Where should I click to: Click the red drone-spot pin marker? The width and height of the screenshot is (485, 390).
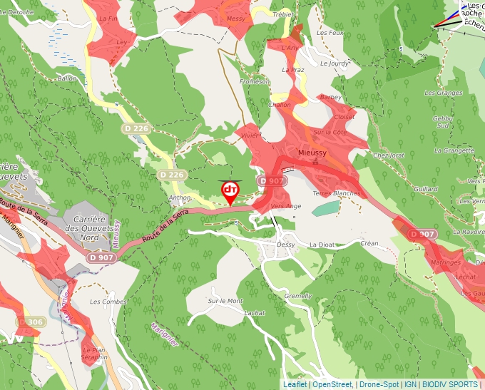(230, 191)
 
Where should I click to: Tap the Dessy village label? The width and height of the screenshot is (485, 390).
(285, 244)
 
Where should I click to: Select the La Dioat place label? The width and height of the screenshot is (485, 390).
(321, 244)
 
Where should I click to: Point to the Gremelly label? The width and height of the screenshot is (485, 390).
(298, 296)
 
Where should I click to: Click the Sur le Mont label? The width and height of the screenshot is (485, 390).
(225, 301)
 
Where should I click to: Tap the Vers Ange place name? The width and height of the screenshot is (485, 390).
(287, 206)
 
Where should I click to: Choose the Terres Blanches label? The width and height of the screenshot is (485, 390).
(337, 193)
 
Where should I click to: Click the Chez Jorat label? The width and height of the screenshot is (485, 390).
(389, 155)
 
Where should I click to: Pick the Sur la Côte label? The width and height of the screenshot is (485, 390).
(330, 132)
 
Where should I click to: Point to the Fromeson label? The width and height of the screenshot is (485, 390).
(255, 82)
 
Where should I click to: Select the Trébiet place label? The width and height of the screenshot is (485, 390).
(283, 14)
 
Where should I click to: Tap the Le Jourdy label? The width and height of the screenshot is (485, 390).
(335, 63)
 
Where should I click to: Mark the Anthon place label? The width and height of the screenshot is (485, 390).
(180, 197)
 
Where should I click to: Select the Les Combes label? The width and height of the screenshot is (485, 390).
(104, 302)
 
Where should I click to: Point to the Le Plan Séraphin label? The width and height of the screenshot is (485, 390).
(94, 354)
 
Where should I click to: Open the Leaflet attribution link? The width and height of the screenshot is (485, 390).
(295, 384)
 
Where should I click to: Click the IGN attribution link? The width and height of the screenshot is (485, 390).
(410, 384)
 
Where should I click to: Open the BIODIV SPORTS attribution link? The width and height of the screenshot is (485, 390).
(449, 384)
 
